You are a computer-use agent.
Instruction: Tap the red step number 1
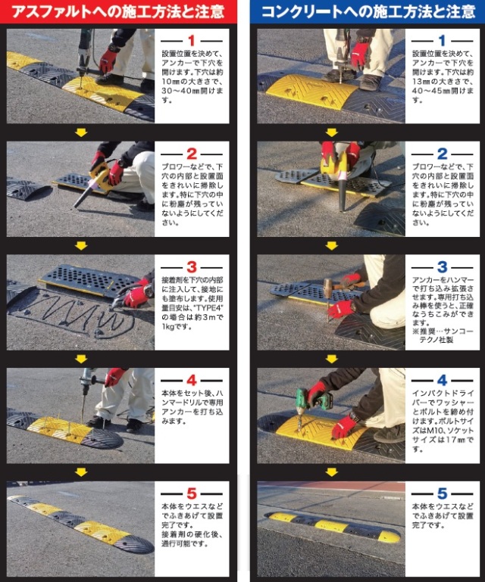(x=192, y=39)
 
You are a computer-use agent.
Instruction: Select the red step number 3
(x=192, y=266)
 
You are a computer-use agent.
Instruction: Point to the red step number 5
(x=192, y=493)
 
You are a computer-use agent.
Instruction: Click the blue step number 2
(x=443, y=153)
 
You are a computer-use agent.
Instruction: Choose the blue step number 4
(x=443, y=380)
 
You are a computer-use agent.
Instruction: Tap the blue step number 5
(x=443, y=493)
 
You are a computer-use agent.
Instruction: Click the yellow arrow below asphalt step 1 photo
(x=81, y=132)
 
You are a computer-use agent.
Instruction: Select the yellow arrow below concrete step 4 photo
(x=331, y=472)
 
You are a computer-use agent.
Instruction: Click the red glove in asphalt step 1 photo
(x=108, y=59)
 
